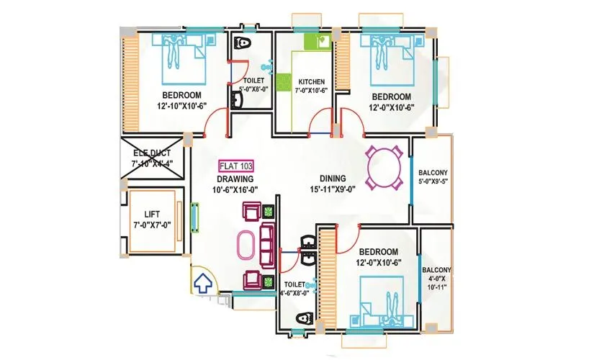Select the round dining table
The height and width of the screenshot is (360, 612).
point(382,168)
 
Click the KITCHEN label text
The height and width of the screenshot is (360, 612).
point(311,82)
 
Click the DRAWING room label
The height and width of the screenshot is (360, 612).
point(235,179)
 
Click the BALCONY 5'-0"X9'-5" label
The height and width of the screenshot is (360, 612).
point(433,177)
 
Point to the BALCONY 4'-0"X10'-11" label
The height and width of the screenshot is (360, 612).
point(437,278)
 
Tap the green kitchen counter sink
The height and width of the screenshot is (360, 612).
point(315,42)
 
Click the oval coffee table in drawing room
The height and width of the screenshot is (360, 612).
point(247,246)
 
